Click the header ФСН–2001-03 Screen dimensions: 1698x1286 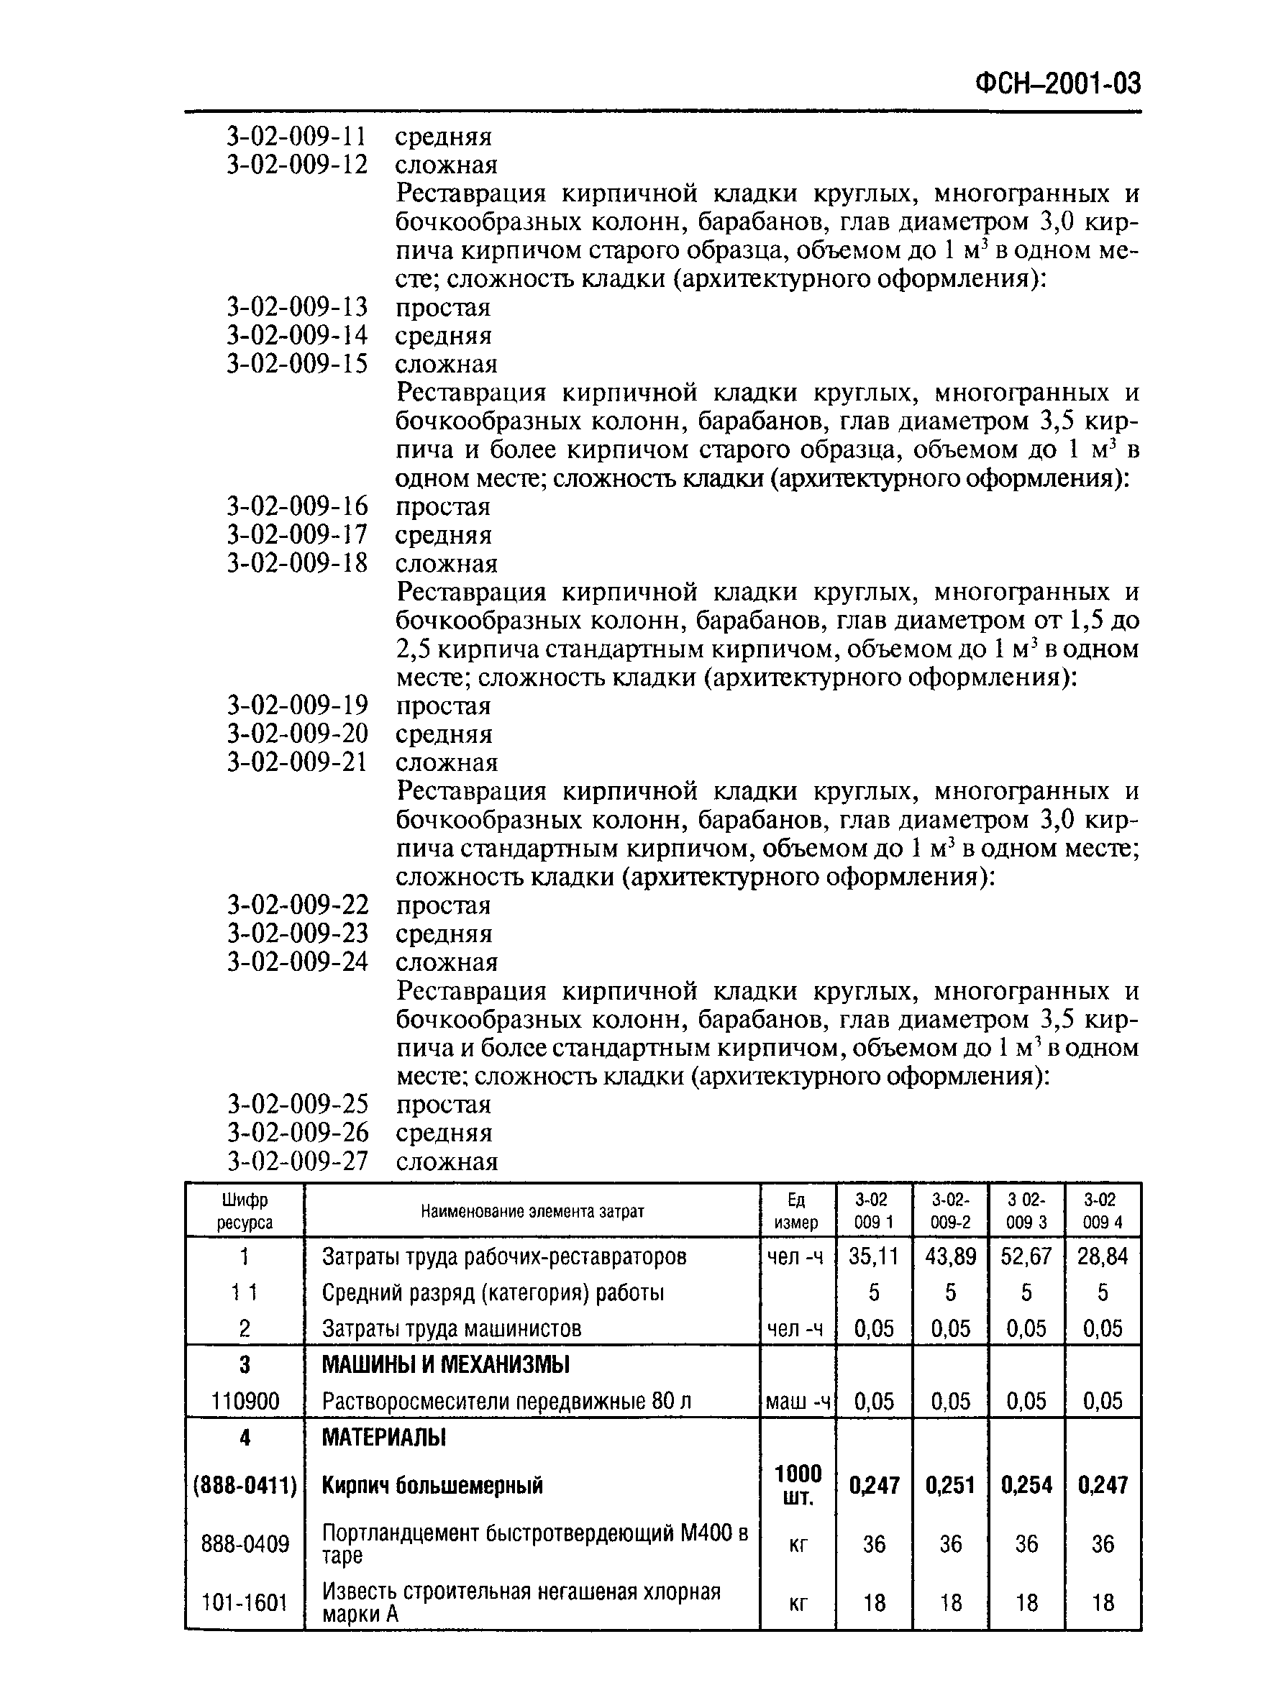pyautogui.click(x=1057, y=83)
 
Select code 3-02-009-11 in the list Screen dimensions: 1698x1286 pyautogui.click(x=297, y=137)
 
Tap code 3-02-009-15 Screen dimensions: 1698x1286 pyautogui.click(x=297, y=364)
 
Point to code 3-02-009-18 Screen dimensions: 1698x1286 pyautogui.click(x=297, y=563)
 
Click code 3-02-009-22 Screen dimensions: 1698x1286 pyautogui.click(x=297, y=905)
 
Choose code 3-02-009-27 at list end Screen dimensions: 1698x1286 pyautogui.click(x=297, y=1161)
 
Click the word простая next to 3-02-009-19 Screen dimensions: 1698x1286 pyautogui.click(x=443, y=706)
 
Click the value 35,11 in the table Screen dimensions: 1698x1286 pyautogui.click(x=874, y=1256)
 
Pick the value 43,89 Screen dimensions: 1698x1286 pyautogui.click(x=951, y=1256)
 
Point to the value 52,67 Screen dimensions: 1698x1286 pyautogui.click(x=1026, y=1256)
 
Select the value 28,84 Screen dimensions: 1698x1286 pyautogui.click(x=1103, y=1256)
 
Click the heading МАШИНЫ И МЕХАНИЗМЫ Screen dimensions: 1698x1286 pyautogui.click(x=445, y=1365)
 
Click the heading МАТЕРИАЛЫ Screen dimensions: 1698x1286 pyautogui.click(x=383, y=1437)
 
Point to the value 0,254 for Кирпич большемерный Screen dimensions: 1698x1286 pyautogui.click(x=1026, y=1485)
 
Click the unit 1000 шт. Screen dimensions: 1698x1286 pyautogui.click(x=798, y=1485)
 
